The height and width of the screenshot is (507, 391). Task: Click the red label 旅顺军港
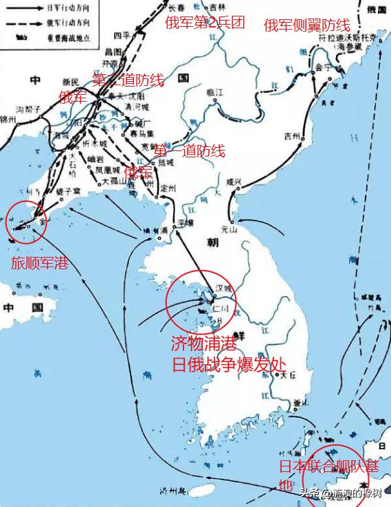(39, 262)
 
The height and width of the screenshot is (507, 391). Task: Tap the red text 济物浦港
(203, 342)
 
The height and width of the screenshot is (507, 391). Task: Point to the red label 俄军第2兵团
(205, 23)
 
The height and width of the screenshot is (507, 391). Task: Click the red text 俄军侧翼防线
(306, 26)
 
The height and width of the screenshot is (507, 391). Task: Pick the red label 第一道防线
(190, 151)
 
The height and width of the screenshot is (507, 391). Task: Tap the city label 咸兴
(234, 182)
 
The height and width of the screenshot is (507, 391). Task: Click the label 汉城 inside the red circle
(224, 289)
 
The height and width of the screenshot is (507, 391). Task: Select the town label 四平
(122, 35)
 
